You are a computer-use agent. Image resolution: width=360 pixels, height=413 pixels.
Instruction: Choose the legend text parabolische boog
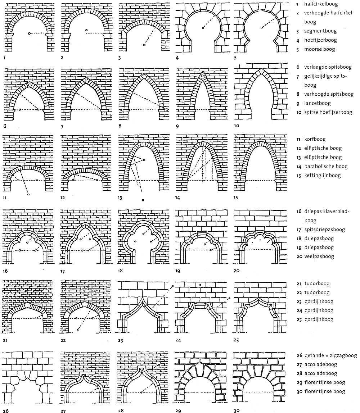(326, 167)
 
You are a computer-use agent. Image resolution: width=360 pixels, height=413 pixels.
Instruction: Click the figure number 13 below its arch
(121, 198)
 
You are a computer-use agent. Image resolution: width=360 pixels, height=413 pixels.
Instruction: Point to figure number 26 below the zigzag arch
(5, 410)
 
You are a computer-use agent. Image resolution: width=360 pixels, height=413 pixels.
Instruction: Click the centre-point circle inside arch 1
(30, 33)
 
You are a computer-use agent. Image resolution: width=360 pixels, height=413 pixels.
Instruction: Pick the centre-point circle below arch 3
(144, 45)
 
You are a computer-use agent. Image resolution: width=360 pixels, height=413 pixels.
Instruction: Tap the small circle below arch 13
(143, 200)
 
